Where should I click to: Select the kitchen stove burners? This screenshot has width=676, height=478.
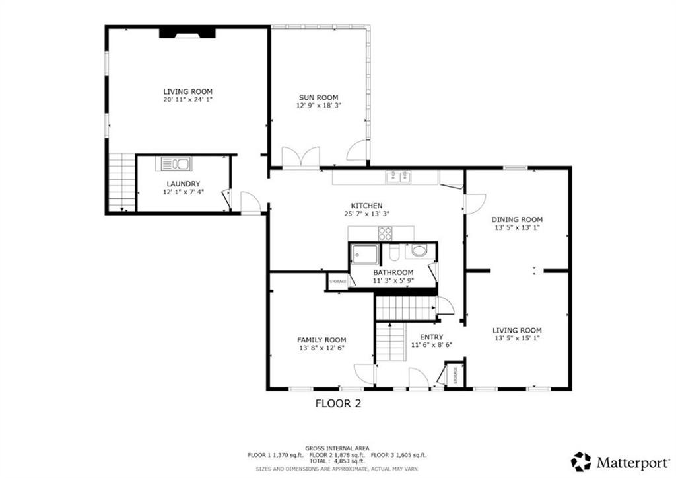(384, 233)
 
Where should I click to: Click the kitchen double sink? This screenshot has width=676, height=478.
(399, 176)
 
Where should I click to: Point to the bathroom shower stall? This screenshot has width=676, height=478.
(364, 254)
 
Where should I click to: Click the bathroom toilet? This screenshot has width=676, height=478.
(393, 252)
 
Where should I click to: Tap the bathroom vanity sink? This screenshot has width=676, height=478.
(419, 251)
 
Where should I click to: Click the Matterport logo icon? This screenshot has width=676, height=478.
(582, 461)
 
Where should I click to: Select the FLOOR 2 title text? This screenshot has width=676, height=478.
(338, 403)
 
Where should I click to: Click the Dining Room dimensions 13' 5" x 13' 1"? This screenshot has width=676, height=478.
(517, 228)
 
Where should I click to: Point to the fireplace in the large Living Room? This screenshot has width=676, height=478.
(187, 32)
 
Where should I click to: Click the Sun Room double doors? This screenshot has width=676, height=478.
(301, 158)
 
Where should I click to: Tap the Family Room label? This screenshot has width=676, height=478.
(321, 340)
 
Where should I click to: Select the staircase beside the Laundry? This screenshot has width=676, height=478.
(121, 182)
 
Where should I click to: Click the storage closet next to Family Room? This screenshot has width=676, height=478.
(337, 282)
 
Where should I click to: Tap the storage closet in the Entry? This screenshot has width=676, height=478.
(454, 374)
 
